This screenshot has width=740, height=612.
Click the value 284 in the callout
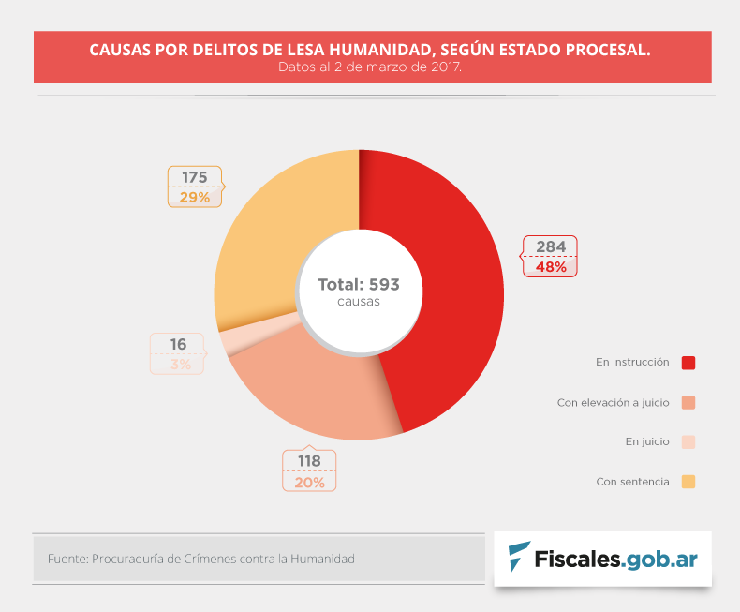coord(550,247)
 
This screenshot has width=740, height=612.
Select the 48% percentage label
coord(550,267)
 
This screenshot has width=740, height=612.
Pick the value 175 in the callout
coord(195,177)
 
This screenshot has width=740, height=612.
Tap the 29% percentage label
coord(195,197)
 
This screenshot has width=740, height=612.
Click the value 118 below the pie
coord(309,461)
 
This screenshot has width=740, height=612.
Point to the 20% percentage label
coord(309,482)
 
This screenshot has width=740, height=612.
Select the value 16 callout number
coord(177,345)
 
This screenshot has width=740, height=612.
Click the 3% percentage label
coord(180,365)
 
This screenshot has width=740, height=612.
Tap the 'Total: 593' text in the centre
coord(358,285)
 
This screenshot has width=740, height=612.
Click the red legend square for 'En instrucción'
coord(688,363)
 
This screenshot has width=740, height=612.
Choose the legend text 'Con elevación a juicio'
coord(613,403)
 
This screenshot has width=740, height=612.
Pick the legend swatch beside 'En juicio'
coord(688,442)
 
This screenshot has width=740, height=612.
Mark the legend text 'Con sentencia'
coord(632,482)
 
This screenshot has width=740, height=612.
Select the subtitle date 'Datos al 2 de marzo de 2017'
coord(370,67)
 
